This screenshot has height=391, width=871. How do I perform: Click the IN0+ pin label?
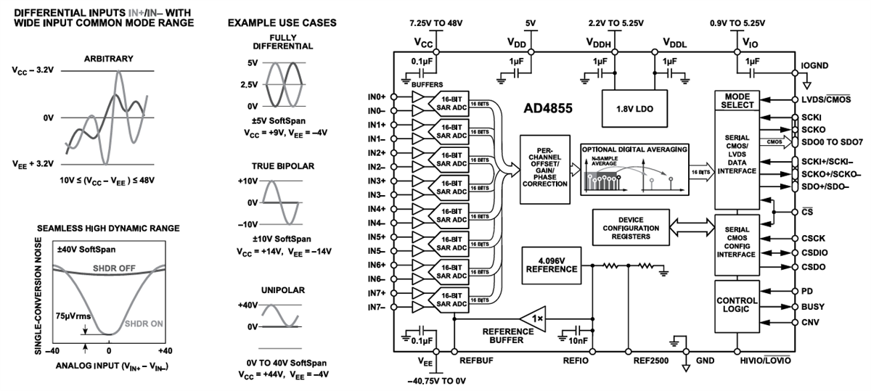377,96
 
